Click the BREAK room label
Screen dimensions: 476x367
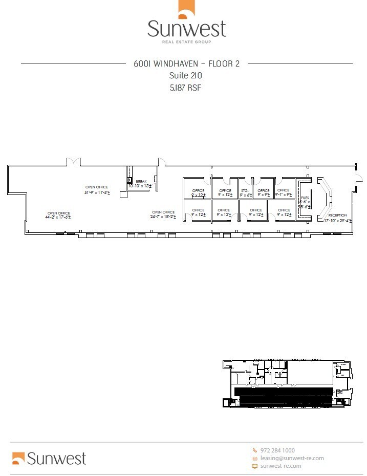[x=141, y=181]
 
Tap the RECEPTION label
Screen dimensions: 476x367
[x=337, y=215]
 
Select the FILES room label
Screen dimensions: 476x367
[x=305, y=198]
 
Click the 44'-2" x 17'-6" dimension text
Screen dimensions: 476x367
[x=57, y=218]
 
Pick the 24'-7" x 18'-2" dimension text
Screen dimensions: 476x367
[x=163, y=217]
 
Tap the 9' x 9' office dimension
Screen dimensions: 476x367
[x=263, y=195]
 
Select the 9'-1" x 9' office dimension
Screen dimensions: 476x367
[x=283, y=195]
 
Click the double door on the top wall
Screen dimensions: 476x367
[x=74, y=162]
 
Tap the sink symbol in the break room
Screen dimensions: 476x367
[x=130, y=180]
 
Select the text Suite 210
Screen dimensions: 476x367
[x=185, y=75]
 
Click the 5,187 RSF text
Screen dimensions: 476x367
[x=185, y=88]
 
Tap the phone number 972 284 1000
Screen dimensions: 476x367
[x=277, y=450]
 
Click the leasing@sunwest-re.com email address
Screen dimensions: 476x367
[x=292, y=458]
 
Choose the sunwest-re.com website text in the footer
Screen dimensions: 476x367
[x=280, y=466]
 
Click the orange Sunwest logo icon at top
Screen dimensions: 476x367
[x=185, y=10]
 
